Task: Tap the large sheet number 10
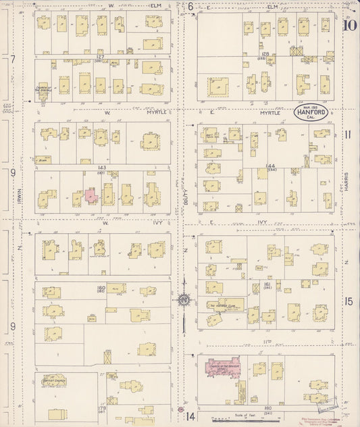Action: point(349,26)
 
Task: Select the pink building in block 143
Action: point(91,197)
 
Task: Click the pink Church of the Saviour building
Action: point(220,369)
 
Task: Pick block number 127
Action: point(100,57)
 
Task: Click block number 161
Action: point(267,285)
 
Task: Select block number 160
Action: point(101,288)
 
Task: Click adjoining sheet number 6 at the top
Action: point(191,7)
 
